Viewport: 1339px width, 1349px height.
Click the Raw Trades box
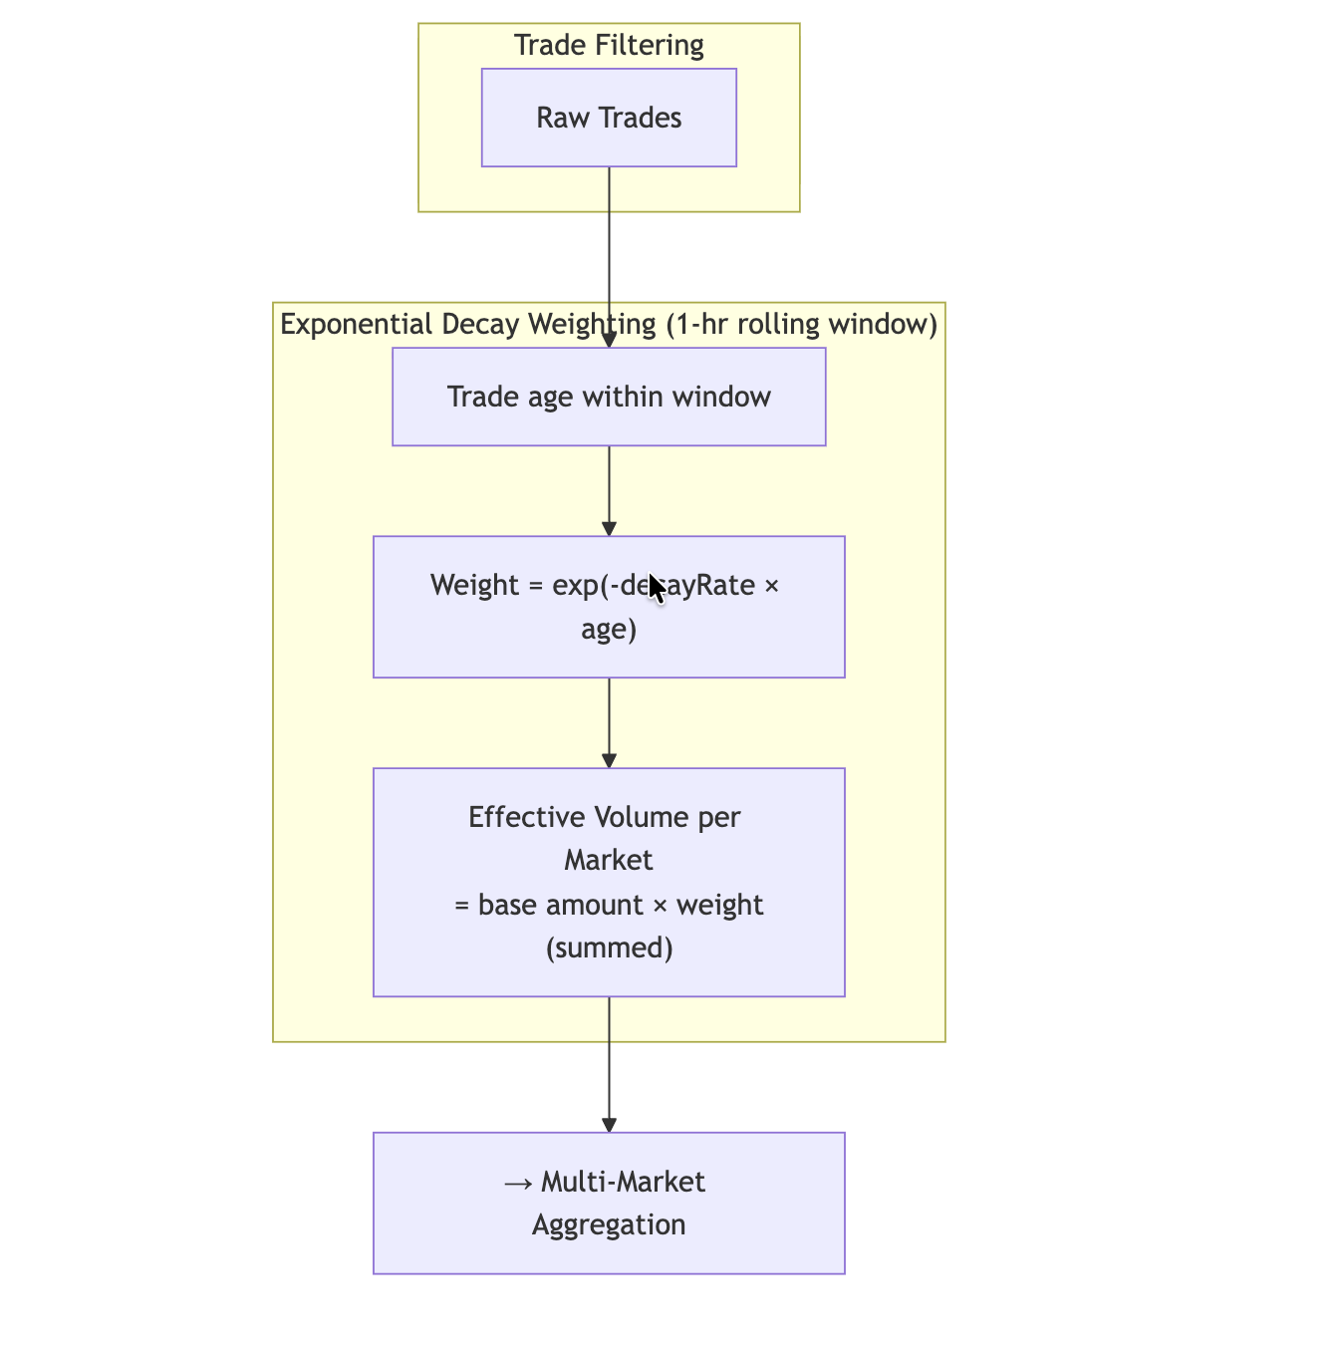609,118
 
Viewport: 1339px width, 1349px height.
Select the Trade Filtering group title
609,45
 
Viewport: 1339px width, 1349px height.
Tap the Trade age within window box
609,397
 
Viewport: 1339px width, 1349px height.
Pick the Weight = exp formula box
609,607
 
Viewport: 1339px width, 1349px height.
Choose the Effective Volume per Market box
609,882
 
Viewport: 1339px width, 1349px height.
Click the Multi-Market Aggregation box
609,1203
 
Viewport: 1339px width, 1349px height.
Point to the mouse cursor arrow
657,588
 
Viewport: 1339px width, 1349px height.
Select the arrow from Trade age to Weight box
609,491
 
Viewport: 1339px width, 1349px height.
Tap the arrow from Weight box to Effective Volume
609,723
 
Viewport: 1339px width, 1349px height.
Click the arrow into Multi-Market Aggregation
609,1064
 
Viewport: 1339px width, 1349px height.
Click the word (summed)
609,947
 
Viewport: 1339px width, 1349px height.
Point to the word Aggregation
609,1224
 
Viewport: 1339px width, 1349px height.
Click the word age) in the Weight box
609,630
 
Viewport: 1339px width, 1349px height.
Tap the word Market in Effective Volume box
609,860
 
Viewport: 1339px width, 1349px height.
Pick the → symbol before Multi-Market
518,1183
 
